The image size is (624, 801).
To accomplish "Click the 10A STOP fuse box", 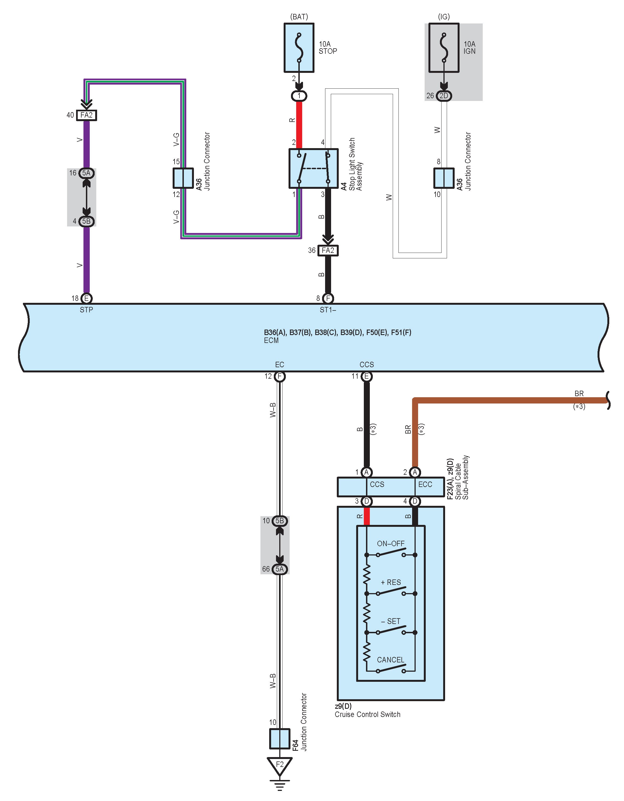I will click(299, 48).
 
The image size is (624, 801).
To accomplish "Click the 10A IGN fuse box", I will click(444, 48).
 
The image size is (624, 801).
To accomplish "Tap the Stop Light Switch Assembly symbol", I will click(313, 168).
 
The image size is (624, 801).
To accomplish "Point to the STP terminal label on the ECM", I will click(86, 310).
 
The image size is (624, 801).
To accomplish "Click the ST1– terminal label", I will click(328, 310).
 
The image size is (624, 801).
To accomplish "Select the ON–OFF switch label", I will click(391, 543).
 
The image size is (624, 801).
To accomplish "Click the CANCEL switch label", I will click(391, 660).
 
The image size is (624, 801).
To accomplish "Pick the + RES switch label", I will click(391, 582).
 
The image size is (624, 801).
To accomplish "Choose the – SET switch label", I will click(391, 621).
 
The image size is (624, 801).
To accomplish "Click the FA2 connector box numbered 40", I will click(86, 115).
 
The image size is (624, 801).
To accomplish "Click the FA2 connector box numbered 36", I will click(328, 250).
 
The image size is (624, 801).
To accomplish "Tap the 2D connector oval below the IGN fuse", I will click(444, 96).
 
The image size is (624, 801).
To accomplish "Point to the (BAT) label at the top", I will click(299, 17).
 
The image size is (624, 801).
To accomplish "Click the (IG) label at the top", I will click(444, 17).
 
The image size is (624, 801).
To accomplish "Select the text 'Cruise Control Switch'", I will click(367, 715).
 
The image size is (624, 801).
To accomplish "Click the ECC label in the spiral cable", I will click(425, 485).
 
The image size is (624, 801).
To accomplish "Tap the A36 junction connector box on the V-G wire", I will click(183, 178).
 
